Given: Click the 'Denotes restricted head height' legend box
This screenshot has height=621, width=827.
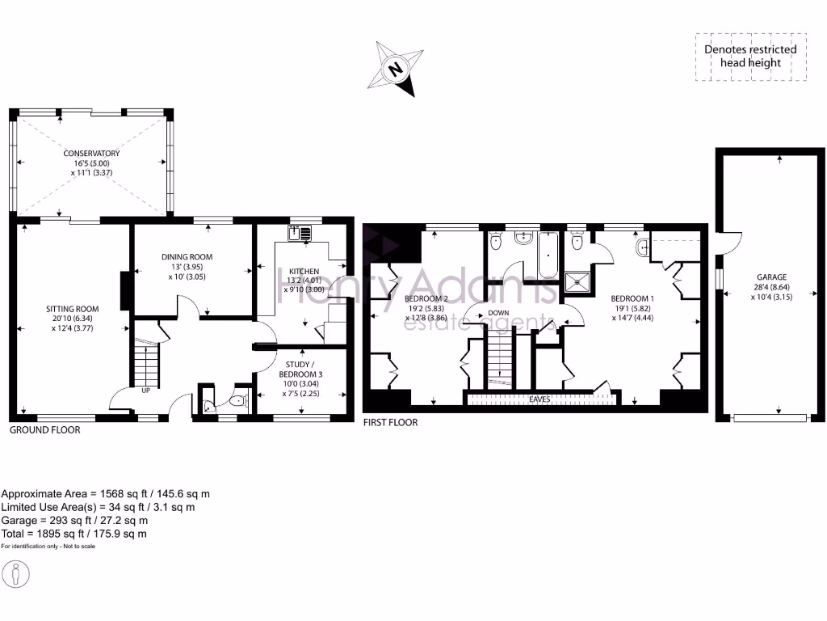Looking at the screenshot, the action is [x=750, y=56].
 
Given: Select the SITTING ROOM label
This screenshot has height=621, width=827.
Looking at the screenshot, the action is [x=73, y=309].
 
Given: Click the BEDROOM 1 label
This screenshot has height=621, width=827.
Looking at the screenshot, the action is [x=632, y=298].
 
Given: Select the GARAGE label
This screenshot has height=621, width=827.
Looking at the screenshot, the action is [x=771, y=277].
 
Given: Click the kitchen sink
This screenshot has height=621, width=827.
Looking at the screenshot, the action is [x=300, y=233].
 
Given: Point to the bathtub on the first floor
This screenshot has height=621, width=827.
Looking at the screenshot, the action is [x=548, y=255].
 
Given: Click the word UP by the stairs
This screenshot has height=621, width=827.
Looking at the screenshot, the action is [x=146, y=390].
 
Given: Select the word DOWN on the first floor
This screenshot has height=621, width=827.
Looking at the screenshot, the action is [x=498, y=312].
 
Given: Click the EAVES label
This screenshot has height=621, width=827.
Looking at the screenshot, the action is [x=540, y=399].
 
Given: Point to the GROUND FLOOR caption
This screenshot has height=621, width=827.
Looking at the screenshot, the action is [x=45, y=430].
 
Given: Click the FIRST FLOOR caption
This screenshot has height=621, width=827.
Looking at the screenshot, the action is [x=390, y=422].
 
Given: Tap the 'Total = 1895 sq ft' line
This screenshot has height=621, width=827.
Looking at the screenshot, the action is [x=74, y=534].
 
